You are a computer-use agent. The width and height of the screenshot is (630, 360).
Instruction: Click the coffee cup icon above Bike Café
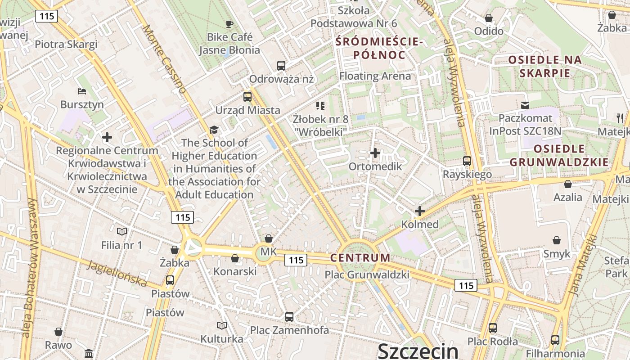tap(229, 24)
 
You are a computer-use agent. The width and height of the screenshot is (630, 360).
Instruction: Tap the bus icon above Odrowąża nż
tap(281, 66)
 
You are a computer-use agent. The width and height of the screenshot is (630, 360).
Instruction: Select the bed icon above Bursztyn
tap(81, 91)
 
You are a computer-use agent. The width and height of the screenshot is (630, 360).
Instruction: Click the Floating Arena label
tap(375, 76)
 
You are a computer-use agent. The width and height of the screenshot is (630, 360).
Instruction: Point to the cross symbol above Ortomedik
tap(375, 153)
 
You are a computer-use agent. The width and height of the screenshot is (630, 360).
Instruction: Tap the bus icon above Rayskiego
tap(467, 161)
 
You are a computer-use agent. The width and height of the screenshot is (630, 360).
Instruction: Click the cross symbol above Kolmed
tap(420, 211)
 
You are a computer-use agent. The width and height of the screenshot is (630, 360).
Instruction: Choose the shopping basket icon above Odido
tap(489, 18)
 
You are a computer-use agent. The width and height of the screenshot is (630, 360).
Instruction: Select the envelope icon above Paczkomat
tap(525, 105)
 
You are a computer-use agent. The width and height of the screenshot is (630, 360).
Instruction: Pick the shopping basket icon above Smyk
tap(557, 240)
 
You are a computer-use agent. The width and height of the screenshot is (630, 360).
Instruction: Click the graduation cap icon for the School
tap(214, 130)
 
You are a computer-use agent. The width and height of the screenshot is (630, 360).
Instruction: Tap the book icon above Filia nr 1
tap(122, 232)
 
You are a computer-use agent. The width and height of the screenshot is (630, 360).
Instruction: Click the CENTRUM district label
tap(360, 258)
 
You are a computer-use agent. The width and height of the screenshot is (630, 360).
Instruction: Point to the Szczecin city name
tap(418, 351)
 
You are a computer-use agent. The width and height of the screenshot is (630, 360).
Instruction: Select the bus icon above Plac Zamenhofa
tap(289, 317)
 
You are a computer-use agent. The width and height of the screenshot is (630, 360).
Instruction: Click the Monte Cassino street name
tap(164, 58)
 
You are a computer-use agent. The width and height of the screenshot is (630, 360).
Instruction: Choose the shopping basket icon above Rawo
tap(58, 332)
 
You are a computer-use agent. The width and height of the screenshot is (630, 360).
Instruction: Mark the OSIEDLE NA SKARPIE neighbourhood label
tap(545, 66)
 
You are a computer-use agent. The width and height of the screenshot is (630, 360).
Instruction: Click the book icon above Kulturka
tap(222, 325)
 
